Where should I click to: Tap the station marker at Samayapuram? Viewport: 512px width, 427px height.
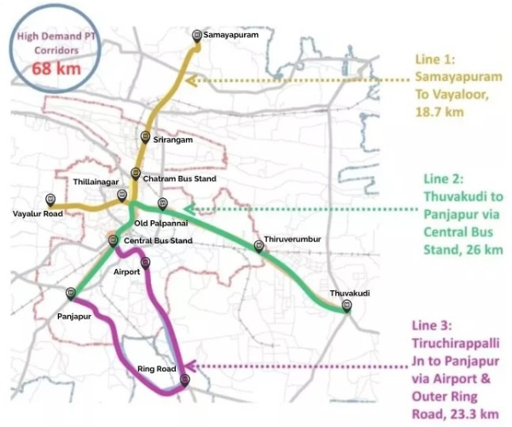tap(197, 36)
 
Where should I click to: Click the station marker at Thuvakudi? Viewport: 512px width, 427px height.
tap(347, 305)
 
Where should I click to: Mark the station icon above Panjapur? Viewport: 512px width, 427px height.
tap(71, 293)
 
